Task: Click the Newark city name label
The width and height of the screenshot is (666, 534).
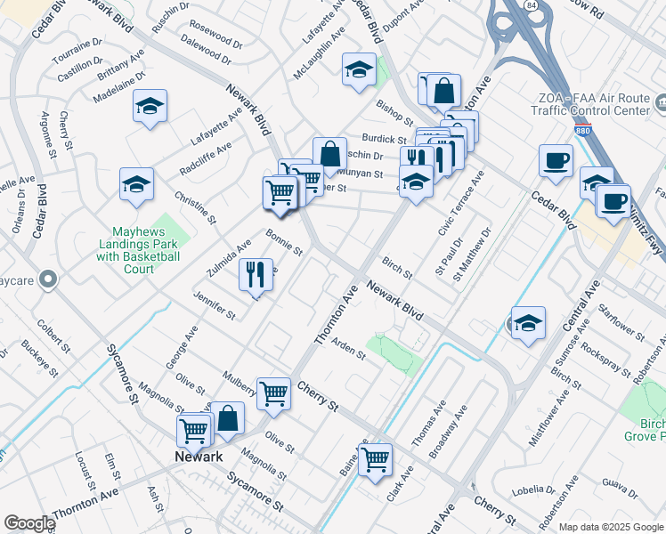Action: point(197,457)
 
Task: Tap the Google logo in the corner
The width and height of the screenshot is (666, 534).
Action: point(29,523)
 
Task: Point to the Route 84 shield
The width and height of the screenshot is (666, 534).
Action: point(532,6)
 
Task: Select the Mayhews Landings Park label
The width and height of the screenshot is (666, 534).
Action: point(138,244)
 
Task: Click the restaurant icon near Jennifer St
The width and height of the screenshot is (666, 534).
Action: point(256,274)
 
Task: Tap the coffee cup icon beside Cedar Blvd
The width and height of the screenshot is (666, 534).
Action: point(556,160)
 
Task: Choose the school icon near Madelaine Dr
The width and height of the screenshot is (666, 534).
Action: point(150,106)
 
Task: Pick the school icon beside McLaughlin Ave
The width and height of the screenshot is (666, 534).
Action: point(358,70)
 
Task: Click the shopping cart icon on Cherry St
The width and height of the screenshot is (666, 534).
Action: point(273,392)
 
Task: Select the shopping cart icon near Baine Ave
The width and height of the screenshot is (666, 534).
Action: point(375,458)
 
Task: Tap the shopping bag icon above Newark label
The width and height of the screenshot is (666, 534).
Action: point(227,417)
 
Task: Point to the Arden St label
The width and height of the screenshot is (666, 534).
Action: point(348,347)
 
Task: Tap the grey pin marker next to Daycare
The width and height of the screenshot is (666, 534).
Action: point(49,279)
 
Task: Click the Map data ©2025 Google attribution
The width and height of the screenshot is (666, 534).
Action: point(610,527)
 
